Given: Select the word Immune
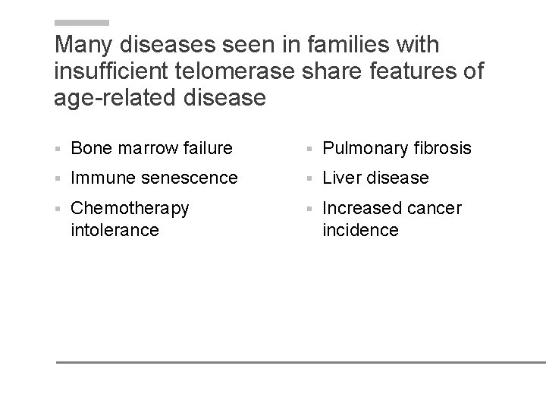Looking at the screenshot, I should [x=102, y=178].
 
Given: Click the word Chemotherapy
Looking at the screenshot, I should [x=130, y=208].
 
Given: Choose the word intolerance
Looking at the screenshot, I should [x=115, y=229].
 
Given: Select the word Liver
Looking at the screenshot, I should [x=343, y=178].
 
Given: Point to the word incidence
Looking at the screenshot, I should [x=360, y=229].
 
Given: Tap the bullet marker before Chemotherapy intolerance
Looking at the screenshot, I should [x=58, y=209].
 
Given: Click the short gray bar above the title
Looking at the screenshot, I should [x=82, y=23].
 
